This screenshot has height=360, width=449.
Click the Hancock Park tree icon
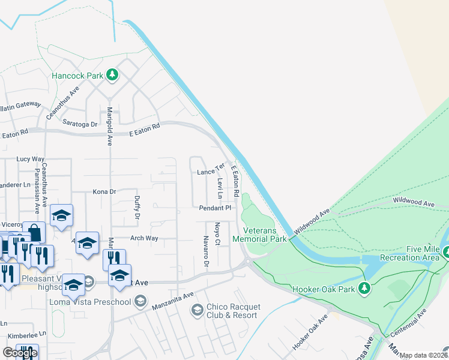tap(112, 76)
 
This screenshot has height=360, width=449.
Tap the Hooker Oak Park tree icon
tap(364, 289)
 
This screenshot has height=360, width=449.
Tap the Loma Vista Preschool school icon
tap(140, 301)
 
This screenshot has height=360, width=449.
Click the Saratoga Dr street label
tap(80, 124)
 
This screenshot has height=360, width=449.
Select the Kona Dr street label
tap(104, 192)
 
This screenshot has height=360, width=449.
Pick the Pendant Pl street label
tap(215, 208)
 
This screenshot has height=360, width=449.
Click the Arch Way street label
tap(144, 238)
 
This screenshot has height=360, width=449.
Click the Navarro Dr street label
tap(206, 252)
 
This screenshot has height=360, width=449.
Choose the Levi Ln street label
tap(220, 188)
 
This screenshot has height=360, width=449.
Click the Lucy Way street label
tap(31, 159)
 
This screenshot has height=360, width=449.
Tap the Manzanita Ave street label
tap(172, 296)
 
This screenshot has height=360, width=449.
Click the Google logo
tap(19, 353)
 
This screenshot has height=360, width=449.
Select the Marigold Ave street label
tap(110, 127)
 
